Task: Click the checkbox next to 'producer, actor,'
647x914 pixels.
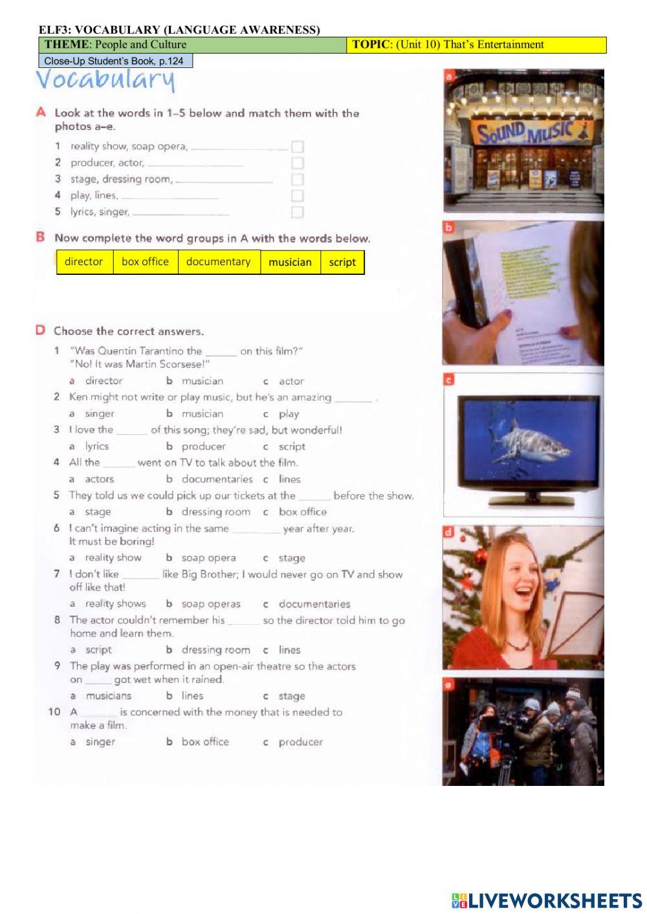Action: [x=298, y=163]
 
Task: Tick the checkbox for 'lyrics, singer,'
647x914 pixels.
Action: [x=298, y=212]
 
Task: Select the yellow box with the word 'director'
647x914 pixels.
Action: [x=84, y=262]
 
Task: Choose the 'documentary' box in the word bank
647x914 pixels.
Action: [x=218, y=262]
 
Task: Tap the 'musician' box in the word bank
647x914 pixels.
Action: [x=290, y=263]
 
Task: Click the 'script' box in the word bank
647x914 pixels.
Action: [x=342, y=263]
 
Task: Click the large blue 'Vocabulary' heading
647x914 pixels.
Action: [x=105, y=80]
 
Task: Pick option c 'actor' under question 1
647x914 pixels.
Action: [x=291, y=382]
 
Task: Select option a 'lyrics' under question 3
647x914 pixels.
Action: [x=96, y=446]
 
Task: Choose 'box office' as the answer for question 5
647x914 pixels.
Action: [x=302, y=512]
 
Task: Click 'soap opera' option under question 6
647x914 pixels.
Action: [x=208, y=558]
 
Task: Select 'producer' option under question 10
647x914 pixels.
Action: [x=300, y=742]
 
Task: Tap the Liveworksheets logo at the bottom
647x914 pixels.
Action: [x=547, y=900]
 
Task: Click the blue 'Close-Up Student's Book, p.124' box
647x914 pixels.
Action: [x=116, y=61]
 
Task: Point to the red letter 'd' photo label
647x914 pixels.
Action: [x=448, y=532]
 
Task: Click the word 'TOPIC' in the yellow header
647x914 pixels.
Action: [x=370, y=45]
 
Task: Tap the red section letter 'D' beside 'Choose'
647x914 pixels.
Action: [x=40, y=331]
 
